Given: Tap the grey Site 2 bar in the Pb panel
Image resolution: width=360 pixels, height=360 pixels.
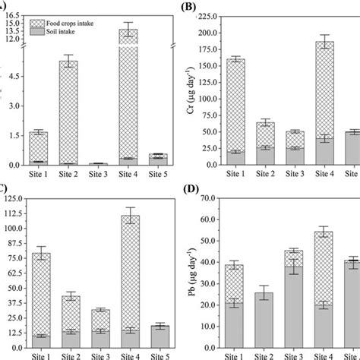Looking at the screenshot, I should (265, 318).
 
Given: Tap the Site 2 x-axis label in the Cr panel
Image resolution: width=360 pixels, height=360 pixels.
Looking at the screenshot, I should (265, 174).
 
